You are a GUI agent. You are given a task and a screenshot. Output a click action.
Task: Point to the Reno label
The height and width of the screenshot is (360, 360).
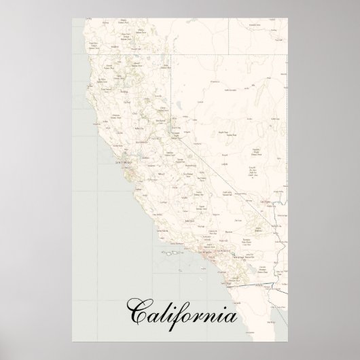pos(175,126)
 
